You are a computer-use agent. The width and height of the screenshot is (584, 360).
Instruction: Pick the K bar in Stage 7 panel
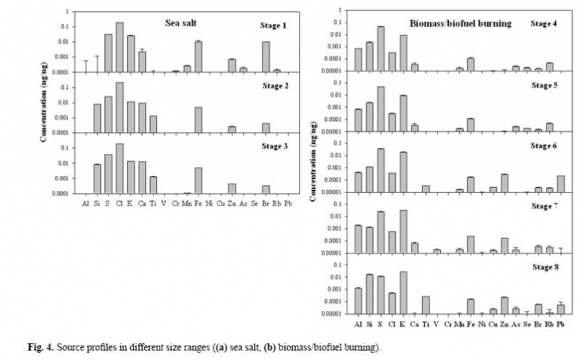tap(404, 231)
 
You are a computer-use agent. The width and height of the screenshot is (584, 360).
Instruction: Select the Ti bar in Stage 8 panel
tap(426, 305)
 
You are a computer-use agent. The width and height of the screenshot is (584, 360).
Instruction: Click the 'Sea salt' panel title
tap(182, 23)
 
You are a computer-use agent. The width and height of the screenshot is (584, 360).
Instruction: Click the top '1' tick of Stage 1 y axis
tap(67, 12)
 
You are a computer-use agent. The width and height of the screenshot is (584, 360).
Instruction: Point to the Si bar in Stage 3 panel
tap(96, 179)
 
